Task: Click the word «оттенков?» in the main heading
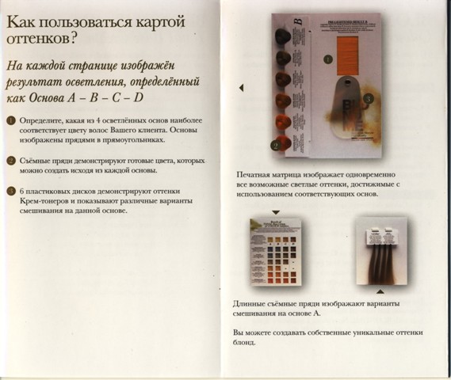40,37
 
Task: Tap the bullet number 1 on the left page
10,120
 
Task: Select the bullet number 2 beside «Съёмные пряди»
10,161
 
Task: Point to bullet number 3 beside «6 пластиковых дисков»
10,192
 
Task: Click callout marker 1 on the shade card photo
326,58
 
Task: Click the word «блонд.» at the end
245,343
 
